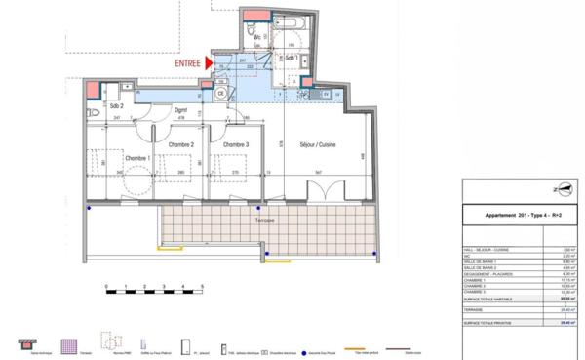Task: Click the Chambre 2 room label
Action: click(181, 145)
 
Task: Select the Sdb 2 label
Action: click(116, 103)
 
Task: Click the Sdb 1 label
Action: click(291, 58)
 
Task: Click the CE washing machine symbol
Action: click(220, 95)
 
